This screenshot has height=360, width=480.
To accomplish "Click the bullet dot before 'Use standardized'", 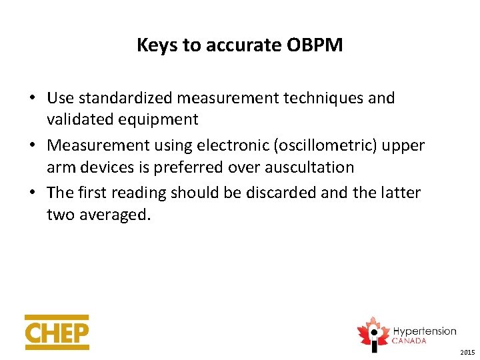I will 32,99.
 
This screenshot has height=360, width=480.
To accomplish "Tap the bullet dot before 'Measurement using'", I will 32,146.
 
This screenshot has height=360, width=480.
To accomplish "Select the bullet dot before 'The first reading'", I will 32,193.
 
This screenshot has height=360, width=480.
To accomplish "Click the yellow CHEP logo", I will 57,332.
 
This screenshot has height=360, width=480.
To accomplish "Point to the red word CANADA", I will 409,341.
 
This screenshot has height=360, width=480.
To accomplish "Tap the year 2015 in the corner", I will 467,352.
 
